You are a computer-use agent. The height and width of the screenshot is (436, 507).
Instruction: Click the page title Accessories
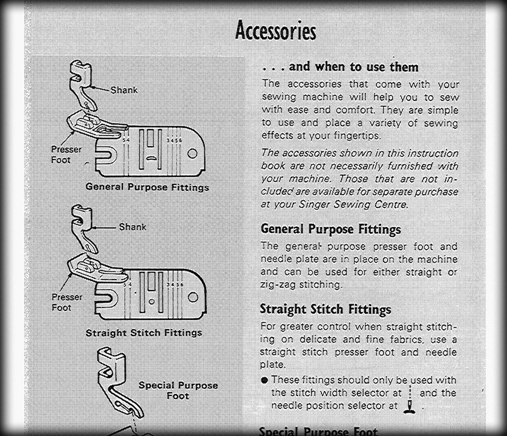tap(275, 31)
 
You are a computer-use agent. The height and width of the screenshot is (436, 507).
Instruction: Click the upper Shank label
tap(124, 90)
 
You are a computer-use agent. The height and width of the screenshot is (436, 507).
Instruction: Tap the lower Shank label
tap(133, 227)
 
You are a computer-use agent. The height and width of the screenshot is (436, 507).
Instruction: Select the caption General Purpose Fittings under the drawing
tap(147, 187)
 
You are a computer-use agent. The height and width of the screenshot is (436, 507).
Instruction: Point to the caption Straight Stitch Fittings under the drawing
tap(144, 333)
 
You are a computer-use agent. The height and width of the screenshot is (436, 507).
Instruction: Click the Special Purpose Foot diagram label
tap(178, 390)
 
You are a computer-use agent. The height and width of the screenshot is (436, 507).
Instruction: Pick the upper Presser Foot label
tap(67, 154)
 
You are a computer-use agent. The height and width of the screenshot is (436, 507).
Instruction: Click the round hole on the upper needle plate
tap(193, 153)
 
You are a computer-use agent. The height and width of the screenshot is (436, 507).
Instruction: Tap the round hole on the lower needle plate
tap(193, 297)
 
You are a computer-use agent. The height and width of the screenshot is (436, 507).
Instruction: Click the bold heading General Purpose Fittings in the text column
tap(331, 229)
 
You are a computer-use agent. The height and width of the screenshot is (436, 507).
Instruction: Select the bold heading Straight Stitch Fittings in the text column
tap(326, 309)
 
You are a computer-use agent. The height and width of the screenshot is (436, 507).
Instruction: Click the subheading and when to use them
tap(353, 67)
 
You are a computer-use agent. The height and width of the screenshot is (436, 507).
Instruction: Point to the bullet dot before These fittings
tap(264, 380)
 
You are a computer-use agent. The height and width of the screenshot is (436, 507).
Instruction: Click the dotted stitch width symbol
tap(410, 392)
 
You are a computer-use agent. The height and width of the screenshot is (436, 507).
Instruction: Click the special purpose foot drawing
tap(119, 382)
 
